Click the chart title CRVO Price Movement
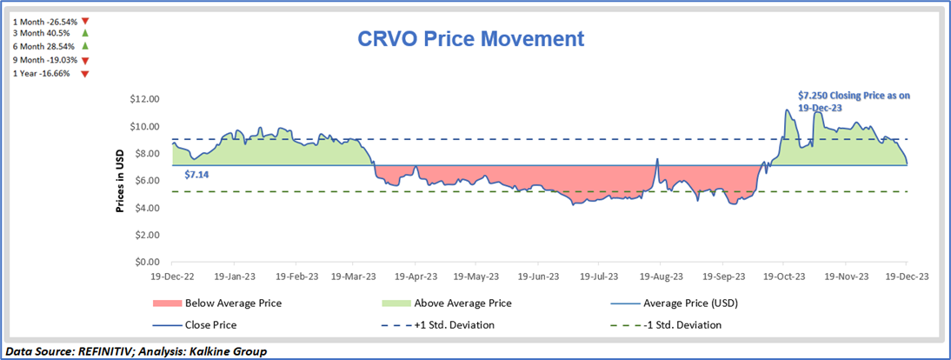coord(471,39)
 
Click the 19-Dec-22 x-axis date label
coord(172,277)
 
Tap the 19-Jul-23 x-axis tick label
coord(593,277)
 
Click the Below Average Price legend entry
coord(232,303)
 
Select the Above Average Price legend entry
coord(462,303)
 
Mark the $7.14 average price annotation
coord(196,175)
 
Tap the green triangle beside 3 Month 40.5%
coord(84,33)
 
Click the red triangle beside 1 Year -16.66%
coord(84,75)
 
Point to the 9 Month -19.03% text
coord(45,60)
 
